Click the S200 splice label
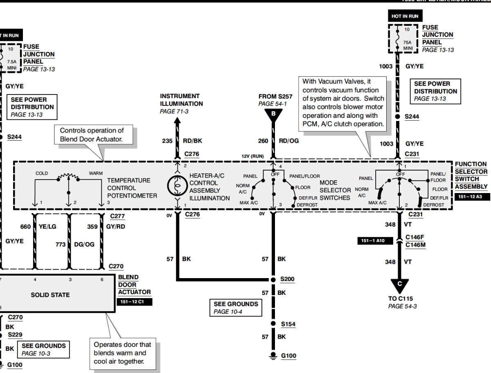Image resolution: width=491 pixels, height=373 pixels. [x=287, y=279]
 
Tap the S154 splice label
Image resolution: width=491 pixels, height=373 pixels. [x=288, y=324]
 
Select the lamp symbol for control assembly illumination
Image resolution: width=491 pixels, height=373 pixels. [x=177, y=186]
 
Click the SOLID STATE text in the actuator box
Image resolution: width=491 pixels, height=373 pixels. [x=50, y=295]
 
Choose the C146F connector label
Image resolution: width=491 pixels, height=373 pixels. [x=415, y=237]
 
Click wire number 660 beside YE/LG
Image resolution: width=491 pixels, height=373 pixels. [x=26, y=227]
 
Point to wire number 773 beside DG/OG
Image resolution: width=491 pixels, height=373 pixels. [x=61, y=245]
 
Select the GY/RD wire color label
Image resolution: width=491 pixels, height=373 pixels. [x=115, y=227]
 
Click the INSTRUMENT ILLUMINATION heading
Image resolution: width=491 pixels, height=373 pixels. [x=181, y=100]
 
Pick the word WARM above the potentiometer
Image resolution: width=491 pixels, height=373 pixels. [x=96, y=173]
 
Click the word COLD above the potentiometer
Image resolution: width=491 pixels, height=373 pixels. [x=42, y=173]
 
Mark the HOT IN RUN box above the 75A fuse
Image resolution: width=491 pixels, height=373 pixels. [x=405, y=16]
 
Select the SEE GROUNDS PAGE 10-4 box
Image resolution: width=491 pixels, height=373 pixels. [x=236, y=308]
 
